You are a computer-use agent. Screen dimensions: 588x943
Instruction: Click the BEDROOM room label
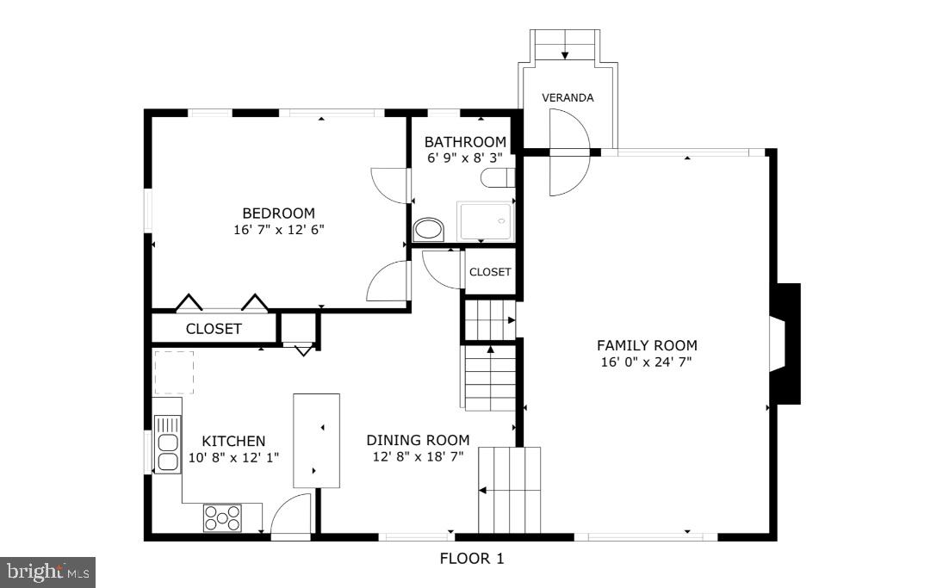tap(278, 214)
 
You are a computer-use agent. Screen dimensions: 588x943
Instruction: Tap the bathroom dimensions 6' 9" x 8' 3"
tap(465, 158)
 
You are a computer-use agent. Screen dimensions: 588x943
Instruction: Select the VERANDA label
tap(568, 97)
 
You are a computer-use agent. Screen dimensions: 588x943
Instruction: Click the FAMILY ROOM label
tap(647, 345)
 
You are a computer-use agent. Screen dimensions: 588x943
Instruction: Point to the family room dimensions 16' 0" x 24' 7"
tap(647, 362)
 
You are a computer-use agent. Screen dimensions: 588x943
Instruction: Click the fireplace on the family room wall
tap(785, 344)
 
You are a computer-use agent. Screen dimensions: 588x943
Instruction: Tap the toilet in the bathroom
tap(499, 178)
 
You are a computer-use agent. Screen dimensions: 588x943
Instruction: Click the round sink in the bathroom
tap(427, 230)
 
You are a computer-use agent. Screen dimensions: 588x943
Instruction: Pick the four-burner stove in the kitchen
tap(222, 517)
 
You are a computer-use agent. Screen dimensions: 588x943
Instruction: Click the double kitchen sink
tap(167, 443)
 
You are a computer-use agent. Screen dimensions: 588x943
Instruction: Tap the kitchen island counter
tap(316, 441)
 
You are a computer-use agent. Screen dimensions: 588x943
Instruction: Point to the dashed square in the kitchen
tap(174, 372)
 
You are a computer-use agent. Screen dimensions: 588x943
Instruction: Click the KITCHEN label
tap(233, 441)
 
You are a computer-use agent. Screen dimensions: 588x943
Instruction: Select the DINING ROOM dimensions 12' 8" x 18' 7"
tap(418, 456)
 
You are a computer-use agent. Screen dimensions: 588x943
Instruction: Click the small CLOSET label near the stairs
tap(490, 272)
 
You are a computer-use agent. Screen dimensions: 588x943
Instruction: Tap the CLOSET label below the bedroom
tap(214, 329)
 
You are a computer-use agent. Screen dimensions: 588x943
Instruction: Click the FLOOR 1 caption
tap(472, 559)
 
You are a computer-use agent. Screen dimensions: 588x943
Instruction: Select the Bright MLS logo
tap(48, 571)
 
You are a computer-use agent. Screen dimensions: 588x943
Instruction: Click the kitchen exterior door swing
tap(291, 516)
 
